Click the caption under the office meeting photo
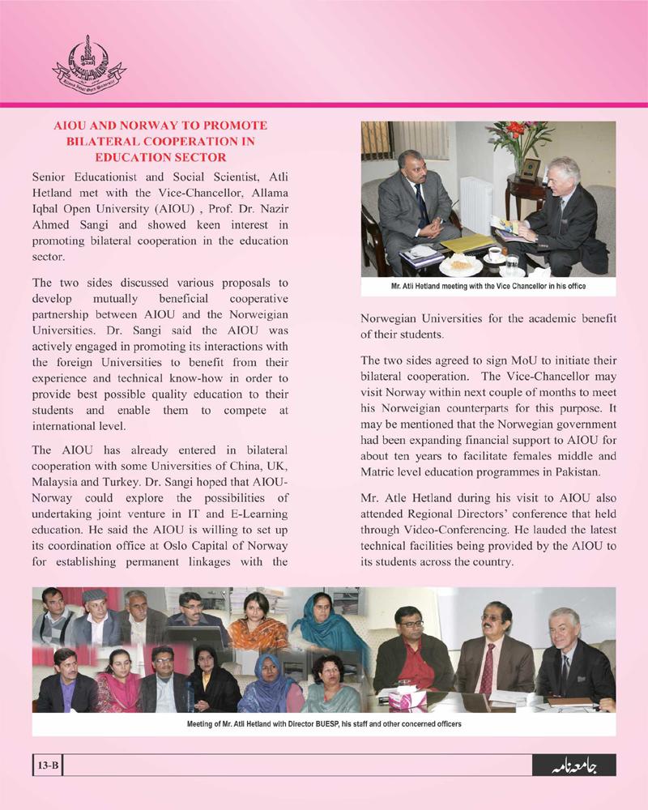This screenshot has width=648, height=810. pos(488,286)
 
